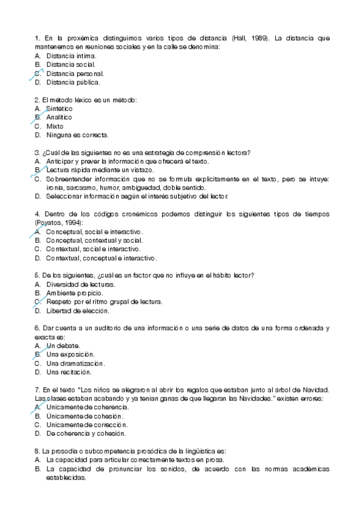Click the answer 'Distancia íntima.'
[x=70, y=55]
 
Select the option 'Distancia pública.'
[x=73, y=82]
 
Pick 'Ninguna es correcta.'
[x=77, y=135]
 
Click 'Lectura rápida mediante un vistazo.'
[x=100, y=170]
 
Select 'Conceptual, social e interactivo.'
[x=94, y=232]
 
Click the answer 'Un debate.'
[x=63, y=346]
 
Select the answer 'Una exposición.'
[x=70, y=354]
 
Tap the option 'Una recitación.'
[x=69, y=372]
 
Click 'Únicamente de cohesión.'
[x=86, y=416]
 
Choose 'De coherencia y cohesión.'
[x=86, y=434]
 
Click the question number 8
[x=38, y=451]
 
